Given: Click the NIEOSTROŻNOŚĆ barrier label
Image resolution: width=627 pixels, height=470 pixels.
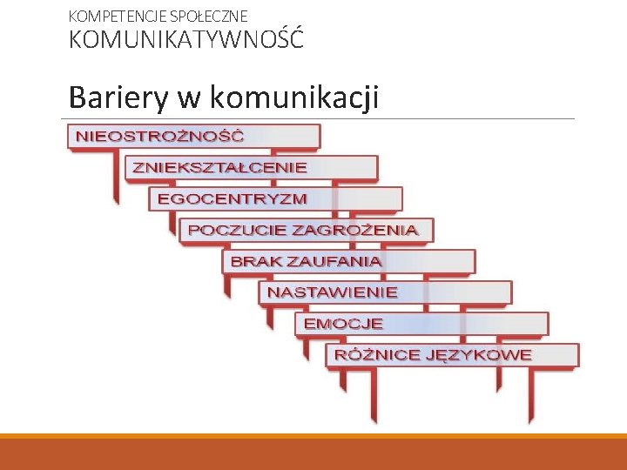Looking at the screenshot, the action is coord(160,136).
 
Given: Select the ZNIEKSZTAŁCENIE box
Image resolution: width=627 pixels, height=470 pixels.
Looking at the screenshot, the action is coord(219,166).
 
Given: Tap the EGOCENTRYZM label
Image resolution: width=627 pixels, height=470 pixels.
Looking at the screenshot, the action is coord(232,198).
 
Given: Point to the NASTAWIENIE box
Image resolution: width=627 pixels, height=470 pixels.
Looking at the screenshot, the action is coord(332,292).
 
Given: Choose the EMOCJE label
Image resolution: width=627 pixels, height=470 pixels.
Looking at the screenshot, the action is coord(343,324).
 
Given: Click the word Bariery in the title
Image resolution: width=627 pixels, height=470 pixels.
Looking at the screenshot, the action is coord(118,97).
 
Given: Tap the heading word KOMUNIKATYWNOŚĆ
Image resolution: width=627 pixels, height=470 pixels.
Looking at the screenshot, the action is coord(186,40).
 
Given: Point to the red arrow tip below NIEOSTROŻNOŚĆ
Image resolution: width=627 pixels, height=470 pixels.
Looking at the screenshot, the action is coord(116,198).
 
